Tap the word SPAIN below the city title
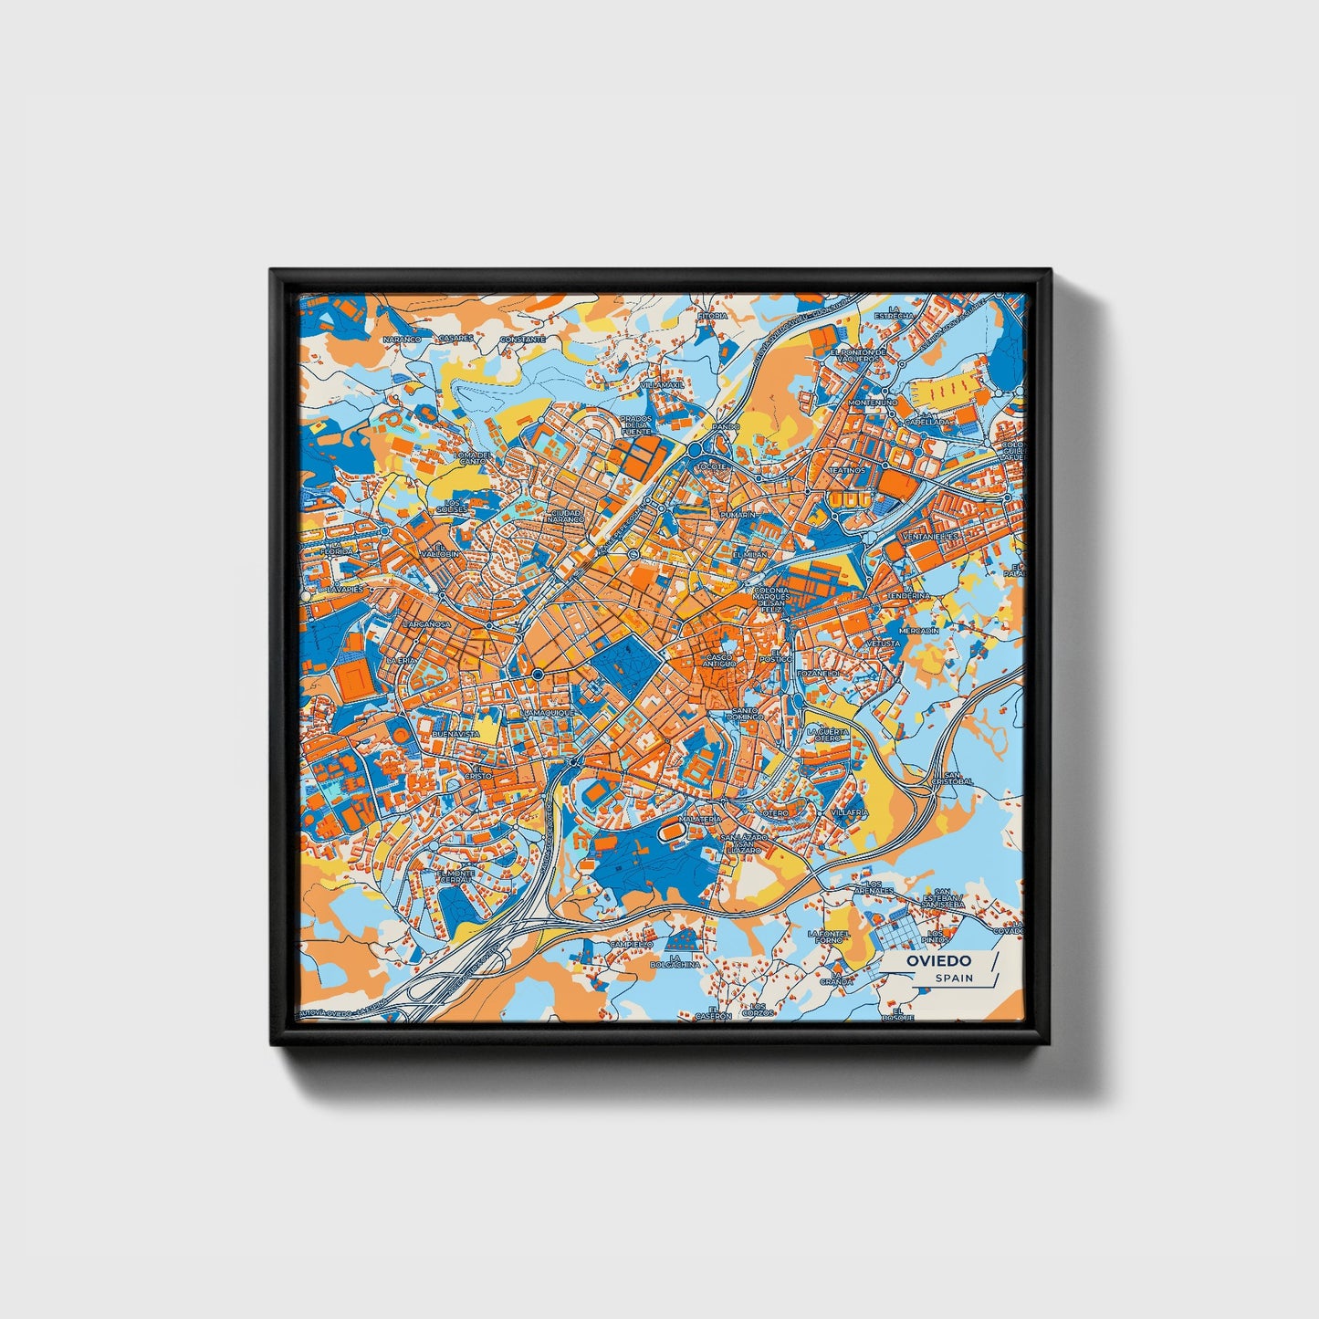click(x=953, y=978)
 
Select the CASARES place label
click(x=456, y=338)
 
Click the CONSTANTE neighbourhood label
click(x=523, y=339)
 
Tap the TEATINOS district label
click(x=846, y=470)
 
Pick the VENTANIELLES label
click(x=929, y=536)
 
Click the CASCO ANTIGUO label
click(x=720, y=660)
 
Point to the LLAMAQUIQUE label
click(x=546, y=712)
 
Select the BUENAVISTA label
click(x=455, y=733)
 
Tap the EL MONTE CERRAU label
click(x=455, y=876)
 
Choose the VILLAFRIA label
click(x=850, y=811)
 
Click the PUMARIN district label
click(x=738, y=516)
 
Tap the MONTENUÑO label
click(x=874, y=402)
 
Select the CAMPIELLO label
click(x=633, y=943)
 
